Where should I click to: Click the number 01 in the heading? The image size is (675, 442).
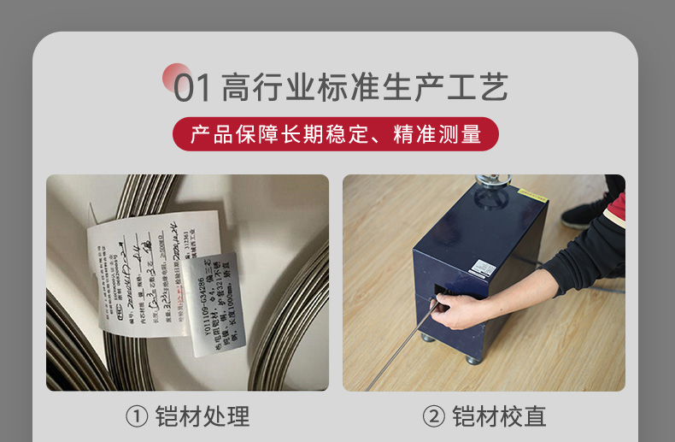[x=192, y=88]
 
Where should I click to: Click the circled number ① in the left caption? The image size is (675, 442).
[x=137, y=417]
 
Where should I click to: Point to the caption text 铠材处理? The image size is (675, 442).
[x=202, y=417]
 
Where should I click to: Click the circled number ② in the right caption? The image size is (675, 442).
[x=434, y=417]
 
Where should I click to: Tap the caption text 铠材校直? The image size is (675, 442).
[x=499, y=417]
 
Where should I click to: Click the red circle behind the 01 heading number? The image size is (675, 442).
[x=177, y=75]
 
